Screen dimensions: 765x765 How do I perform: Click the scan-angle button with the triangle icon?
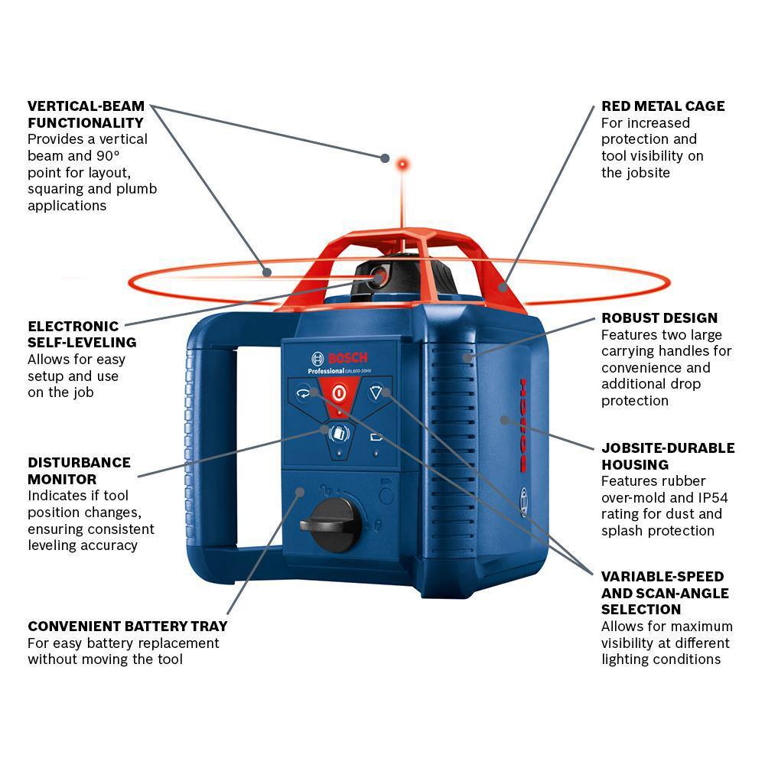375,393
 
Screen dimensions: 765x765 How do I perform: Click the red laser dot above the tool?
401,164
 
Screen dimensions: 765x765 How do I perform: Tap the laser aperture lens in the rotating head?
376,278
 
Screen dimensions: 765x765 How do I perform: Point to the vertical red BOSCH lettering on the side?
523,425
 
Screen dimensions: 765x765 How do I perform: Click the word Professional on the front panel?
328,371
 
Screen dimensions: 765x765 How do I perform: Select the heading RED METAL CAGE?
662,106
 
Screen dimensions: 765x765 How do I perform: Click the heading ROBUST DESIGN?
659,318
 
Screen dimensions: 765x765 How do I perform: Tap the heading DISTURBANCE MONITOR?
79,471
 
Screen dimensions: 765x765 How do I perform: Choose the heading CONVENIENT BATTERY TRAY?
127,627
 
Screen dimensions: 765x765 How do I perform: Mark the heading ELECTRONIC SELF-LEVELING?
81,334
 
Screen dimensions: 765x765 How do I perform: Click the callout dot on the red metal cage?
503,288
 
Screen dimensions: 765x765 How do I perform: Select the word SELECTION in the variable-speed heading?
641,610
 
